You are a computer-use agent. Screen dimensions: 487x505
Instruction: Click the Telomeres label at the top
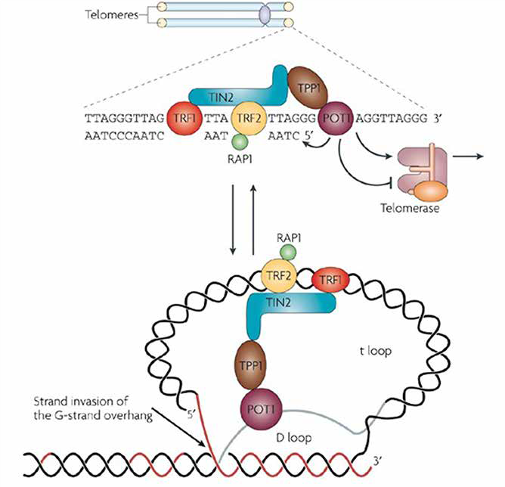click(x=105, y=14)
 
